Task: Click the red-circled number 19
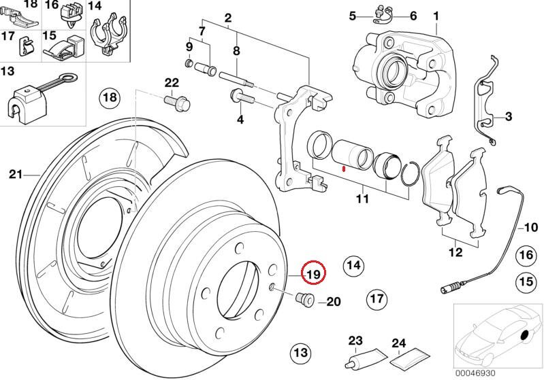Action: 314,274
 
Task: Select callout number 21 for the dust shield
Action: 16,174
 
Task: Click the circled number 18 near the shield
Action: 110,99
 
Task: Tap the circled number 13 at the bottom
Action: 300,353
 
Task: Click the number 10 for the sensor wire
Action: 531,227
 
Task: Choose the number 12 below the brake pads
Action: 455,252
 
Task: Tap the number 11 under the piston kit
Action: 362,199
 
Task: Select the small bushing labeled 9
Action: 191,64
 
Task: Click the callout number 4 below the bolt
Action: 239,120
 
